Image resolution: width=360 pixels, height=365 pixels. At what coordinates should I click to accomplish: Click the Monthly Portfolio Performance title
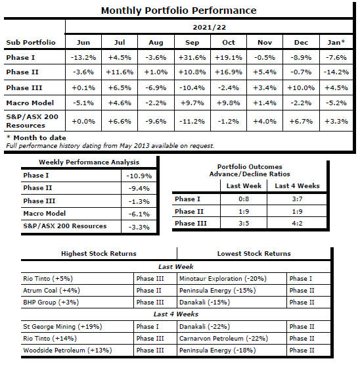coord(179,11)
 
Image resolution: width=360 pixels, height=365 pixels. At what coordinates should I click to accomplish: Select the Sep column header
coord(192,42)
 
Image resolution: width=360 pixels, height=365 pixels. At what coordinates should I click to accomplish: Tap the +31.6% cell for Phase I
coord(192,57)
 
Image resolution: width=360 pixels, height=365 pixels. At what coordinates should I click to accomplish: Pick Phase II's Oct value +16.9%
coord(229,72)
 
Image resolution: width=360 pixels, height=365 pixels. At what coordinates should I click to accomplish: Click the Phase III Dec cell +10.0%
coord(301,87)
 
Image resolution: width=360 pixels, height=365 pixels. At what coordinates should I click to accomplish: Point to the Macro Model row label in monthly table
coord(30,103)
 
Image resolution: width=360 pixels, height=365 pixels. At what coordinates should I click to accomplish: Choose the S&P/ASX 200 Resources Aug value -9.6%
coord(156,121)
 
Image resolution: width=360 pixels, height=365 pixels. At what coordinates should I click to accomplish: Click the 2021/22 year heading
coord(210,27)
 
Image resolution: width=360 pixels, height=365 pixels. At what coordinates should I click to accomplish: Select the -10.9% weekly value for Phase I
coord(139,176)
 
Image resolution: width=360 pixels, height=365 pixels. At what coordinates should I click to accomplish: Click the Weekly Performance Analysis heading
coord(89,162)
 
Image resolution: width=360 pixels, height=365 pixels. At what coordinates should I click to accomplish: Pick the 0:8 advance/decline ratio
coord(244,199)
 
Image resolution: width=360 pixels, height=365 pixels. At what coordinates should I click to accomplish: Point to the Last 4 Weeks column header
coord(297,185)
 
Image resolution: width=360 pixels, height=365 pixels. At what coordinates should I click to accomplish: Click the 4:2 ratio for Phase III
coord(297,223)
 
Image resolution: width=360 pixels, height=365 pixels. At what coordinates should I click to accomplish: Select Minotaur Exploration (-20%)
coord(223,279)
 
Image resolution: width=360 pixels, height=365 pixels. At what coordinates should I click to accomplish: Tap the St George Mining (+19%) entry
coord(62,327)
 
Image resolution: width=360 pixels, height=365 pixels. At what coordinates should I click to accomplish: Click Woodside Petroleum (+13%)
coord(68,351)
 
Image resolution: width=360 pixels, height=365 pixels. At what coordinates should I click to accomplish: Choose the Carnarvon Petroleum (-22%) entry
coord(223,339)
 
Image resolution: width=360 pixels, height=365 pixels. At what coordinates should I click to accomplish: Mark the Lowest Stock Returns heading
coord(254,253)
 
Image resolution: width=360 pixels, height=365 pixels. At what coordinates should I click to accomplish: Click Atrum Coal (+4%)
coord(51,291)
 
